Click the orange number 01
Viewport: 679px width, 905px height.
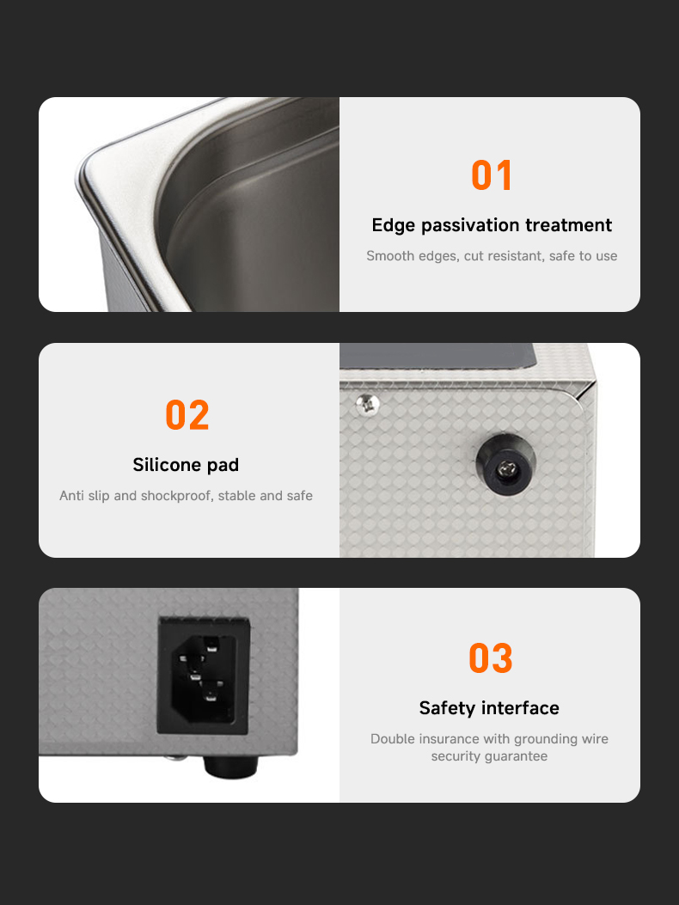(492, 174)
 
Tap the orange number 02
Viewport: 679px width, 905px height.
(187, 415)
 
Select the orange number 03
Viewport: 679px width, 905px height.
(490, 658)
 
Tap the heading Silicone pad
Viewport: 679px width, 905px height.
(186, 465)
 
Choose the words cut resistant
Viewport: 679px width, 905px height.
(504, 255)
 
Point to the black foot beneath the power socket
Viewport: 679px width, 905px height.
(230, 765)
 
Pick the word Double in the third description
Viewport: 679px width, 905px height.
(389, 739)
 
